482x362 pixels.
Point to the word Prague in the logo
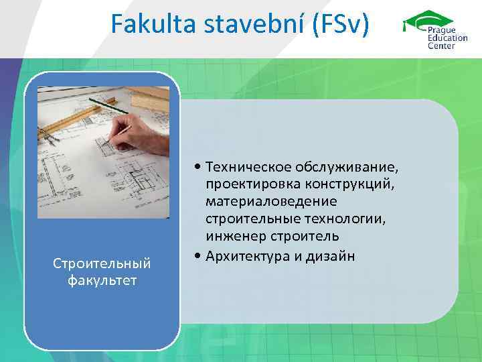(x=443, y=31)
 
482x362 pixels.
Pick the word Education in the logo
(x=449, y=38)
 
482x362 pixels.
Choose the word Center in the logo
(x=441, y=46)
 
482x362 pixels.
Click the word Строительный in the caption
(x=102, y=264)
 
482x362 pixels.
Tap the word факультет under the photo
(x=102, y=280)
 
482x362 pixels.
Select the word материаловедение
(x=272, y=201)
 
